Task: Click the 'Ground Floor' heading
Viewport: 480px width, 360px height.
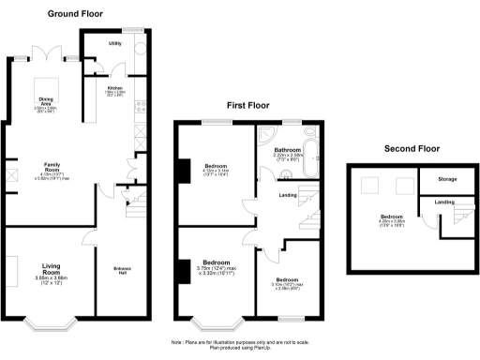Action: [76, 15]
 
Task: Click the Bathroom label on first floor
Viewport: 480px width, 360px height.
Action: [287, 150]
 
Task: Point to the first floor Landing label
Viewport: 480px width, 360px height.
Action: [289, 195]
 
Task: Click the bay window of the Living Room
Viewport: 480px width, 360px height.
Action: [54, 323]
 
